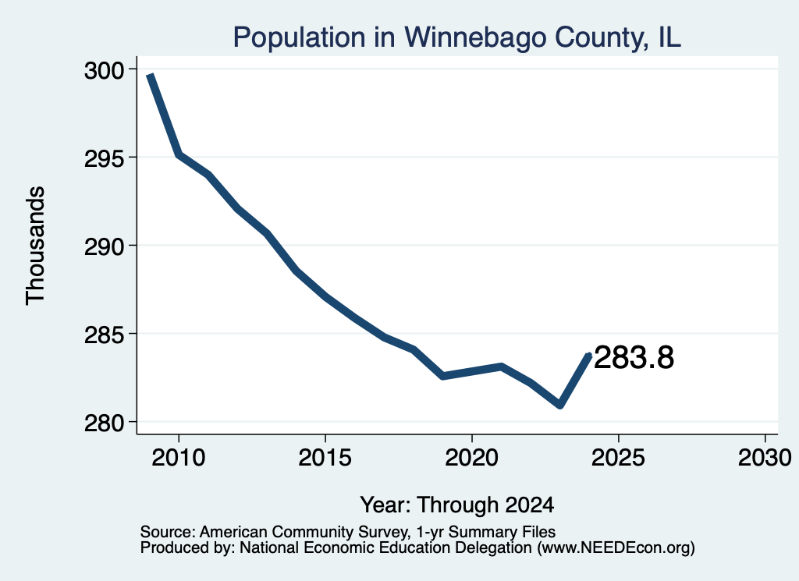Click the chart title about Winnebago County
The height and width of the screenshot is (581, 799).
point(456,37)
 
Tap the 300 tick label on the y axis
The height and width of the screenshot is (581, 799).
point(104,71)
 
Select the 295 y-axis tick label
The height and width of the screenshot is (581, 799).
point(104,159)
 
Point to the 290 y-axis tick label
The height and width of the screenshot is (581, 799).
point(104,247)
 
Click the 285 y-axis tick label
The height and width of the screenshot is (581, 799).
point(104,335)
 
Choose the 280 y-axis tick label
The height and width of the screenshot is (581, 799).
point(104,423)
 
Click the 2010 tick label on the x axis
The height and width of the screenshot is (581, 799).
point(179,457)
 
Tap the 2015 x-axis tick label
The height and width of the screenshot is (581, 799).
point(325,457)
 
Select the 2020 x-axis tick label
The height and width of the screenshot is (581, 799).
point(472,457)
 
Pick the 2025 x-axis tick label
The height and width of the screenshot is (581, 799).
point(618,457)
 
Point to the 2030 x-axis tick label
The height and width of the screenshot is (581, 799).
point(765,457)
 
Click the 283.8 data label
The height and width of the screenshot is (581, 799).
point(634,357)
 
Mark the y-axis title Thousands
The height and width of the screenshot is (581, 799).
point(35,246)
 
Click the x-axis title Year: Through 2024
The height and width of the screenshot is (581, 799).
point(457,505)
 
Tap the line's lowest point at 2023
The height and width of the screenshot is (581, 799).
point(560,405)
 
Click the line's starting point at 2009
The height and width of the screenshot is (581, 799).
point(150,76)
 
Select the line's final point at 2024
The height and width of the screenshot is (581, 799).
point(590,355)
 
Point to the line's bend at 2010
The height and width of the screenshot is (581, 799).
point(179,154)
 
